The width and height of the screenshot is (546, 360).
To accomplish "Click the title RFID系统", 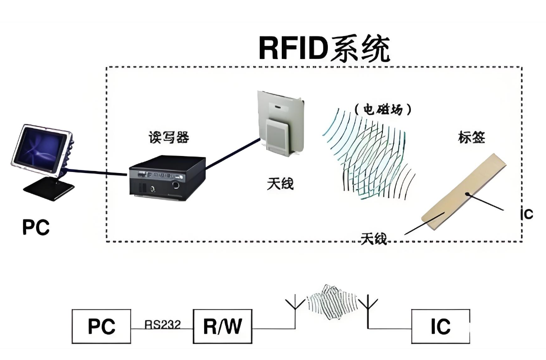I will (x=324, y=48).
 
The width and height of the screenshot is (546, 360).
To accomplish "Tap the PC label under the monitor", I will (x=36, y=227).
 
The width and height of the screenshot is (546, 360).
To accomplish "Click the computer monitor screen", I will (x=39, y=148).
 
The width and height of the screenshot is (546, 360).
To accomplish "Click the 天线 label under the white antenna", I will (x=280, y=184).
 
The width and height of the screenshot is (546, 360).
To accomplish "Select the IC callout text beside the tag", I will (x=526, y=214).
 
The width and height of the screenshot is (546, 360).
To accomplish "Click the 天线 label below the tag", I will (x=374, y=238).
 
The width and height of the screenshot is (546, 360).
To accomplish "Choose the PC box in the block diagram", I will (x=102, y=326).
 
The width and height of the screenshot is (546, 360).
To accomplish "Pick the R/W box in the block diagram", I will (x=222, y=326).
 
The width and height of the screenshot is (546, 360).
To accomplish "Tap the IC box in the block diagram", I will (x=440, y=326).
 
